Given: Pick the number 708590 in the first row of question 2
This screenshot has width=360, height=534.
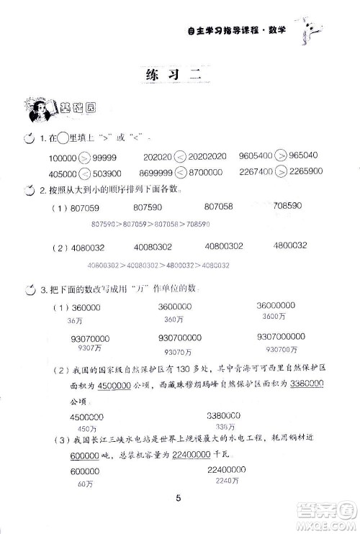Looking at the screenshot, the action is [x=295, y=207].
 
